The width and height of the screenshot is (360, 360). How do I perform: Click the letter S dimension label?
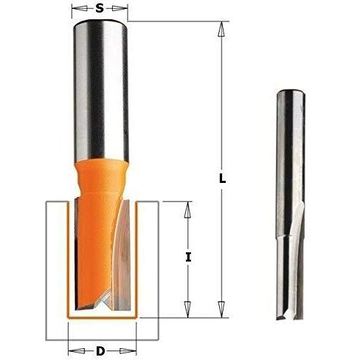point(100,9)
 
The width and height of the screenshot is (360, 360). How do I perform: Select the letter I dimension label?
point(188,257)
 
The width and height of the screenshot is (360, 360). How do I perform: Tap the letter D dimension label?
point(100,351)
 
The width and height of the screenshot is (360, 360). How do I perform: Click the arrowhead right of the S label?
point(120,9)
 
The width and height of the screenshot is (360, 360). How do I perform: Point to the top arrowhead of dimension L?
point(221,29)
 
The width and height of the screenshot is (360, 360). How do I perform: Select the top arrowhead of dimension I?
point(188,210)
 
